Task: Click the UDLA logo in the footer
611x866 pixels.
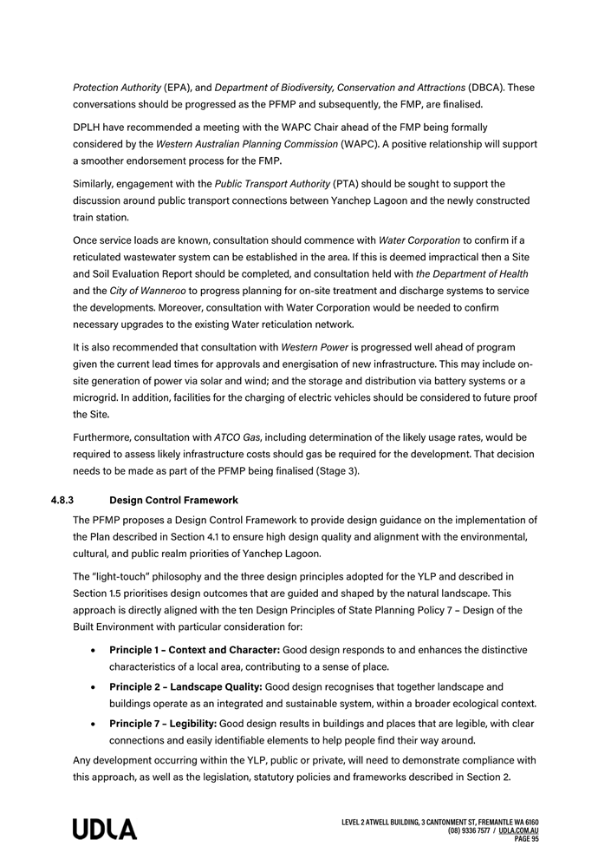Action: point(105,830)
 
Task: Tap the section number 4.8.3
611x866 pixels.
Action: point(62,501)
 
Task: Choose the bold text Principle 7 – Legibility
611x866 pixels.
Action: point(163,724)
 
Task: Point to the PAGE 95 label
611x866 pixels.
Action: point(527,839)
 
